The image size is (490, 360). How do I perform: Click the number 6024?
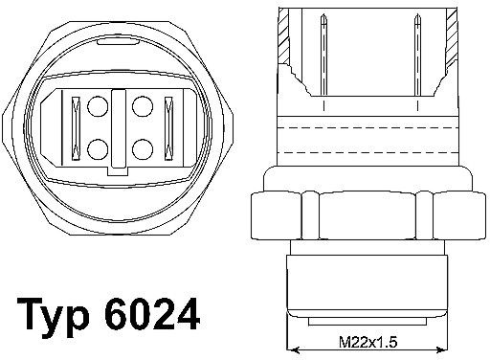click(x=152, y=314)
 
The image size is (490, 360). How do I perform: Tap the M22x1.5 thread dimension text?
click(x=367, y=343)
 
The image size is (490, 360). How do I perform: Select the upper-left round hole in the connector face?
click(x=98, y=106)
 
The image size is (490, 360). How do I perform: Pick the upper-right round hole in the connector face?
click(x=143, y=106)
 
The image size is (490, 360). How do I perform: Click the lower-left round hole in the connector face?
click(x=98, y=149)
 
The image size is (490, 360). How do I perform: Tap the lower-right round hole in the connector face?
click(x=143, y=149)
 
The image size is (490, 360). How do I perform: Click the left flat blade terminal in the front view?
click(x=76, y=128)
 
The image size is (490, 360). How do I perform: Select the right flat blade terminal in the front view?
click(x=168, y=128)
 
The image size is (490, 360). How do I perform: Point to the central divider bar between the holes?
click(x=120, y=128)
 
